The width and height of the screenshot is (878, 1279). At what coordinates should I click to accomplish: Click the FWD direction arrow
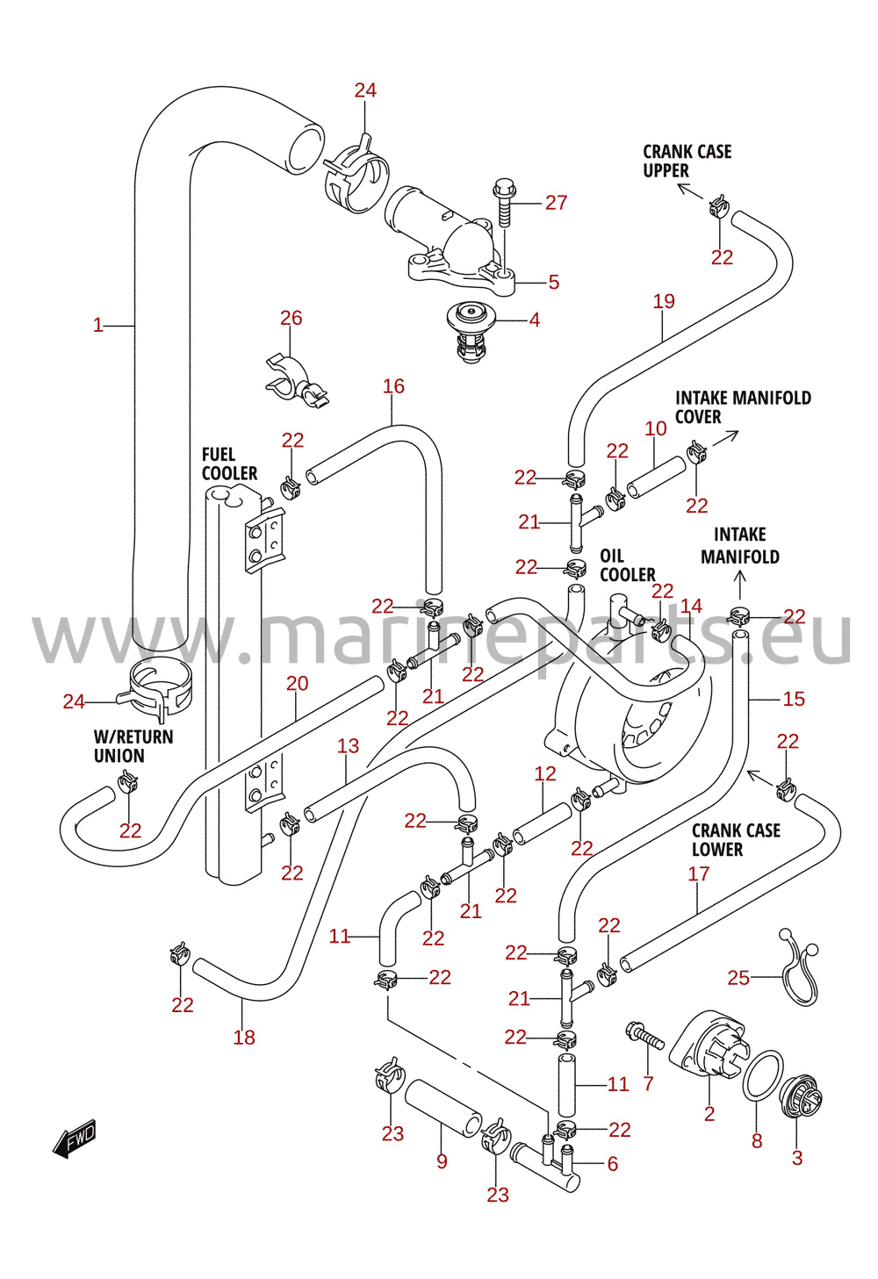coord(75,1138)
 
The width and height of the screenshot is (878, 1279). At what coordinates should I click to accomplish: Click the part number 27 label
coord(556,203)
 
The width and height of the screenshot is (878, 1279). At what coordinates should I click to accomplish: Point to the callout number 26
coord(291,318)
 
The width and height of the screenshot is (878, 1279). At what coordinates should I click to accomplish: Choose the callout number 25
coord(738,978)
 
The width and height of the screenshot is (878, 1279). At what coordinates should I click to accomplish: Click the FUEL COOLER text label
coord(230,463)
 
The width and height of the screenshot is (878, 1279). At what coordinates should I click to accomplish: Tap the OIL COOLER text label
coord(627,565)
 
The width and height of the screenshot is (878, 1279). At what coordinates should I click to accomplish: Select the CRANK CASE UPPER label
coord(687,161)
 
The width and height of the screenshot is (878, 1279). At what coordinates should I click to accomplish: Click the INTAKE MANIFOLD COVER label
coord(743,407)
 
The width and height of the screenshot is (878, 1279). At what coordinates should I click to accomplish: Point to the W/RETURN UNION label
coord(133,746)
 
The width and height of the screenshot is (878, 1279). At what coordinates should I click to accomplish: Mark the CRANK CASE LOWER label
coord(736,840)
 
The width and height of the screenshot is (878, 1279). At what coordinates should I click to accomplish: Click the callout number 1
coord(98,326)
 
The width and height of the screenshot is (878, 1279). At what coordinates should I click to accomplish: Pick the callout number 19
coord(664,301)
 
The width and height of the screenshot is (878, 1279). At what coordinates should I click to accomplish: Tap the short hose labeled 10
coord(657,477)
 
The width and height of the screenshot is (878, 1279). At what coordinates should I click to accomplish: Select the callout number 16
coord(393,386)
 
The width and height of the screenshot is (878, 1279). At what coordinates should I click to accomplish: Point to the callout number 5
coord(553,282)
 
